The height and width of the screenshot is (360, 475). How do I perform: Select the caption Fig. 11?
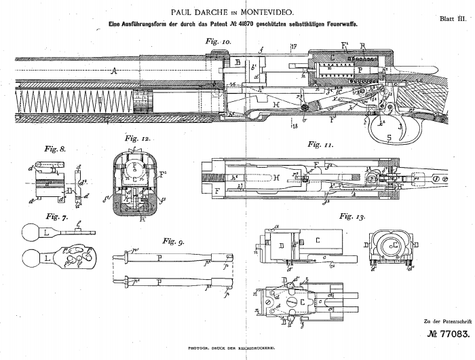tap(320, 145)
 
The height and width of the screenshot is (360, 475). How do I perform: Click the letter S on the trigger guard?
tap(389, 138)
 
